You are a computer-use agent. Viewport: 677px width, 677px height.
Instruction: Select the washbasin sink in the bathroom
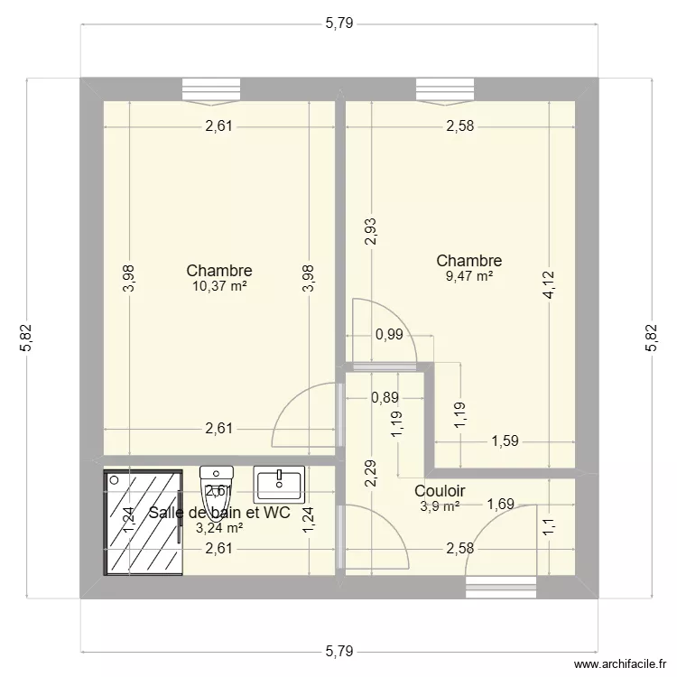[x=279, y=484]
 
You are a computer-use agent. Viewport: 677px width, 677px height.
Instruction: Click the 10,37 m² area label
[x=218, y=286]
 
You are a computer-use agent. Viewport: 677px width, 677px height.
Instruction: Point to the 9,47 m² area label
[x=468, y=277]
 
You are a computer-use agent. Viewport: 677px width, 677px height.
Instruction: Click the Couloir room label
[x=440, y=490]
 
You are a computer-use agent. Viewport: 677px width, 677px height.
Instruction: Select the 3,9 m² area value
[x=440, y=505]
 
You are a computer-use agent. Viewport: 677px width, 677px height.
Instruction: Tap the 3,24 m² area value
[x=218, y=528]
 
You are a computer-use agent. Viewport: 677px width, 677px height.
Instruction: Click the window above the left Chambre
[x=211, y=88]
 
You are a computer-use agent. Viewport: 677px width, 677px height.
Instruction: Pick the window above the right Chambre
[x=444, y=88]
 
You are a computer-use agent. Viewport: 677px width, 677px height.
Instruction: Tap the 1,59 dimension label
[x=505, y=441]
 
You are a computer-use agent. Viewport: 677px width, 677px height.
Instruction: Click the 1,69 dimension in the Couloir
[x=502, y=505]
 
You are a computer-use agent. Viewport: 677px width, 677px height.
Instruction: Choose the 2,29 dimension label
[x=370, y=475]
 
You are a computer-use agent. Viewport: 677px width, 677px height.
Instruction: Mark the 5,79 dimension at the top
[x=338, y=24]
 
